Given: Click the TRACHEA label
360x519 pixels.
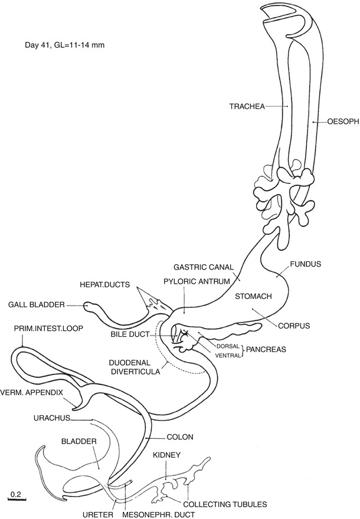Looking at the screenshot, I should (x=247, y=107).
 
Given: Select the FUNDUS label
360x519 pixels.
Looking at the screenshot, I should (x=305, y=265).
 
